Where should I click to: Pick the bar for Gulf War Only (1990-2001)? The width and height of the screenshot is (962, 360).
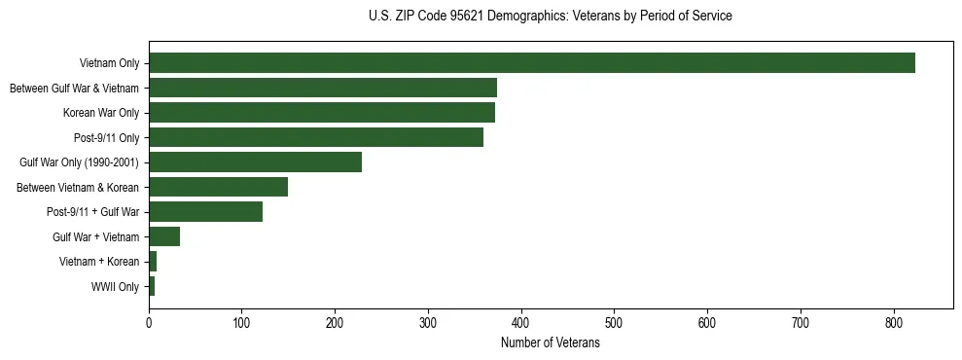click(x=255, y=162)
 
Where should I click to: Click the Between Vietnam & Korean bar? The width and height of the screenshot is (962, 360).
click(x=218, y=187)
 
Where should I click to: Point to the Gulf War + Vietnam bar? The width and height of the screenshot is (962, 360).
click(x=164, y=236)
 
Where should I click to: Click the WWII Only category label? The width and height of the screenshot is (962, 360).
click(x=115, y=287)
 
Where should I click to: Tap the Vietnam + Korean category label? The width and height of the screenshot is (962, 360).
click(x=99, y=262)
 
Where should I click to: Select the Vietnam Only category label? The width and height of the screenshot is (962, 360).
click(x=110, y=64)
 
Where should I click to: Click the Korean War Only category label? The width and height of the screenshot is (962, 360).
click(x=101, y=113)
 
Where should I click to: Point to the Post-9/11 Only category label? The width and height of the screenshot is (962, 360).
click(x=106, y=138)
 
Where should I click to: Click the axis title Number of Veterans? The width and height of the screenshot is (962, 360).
click(x=550, y=342)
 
